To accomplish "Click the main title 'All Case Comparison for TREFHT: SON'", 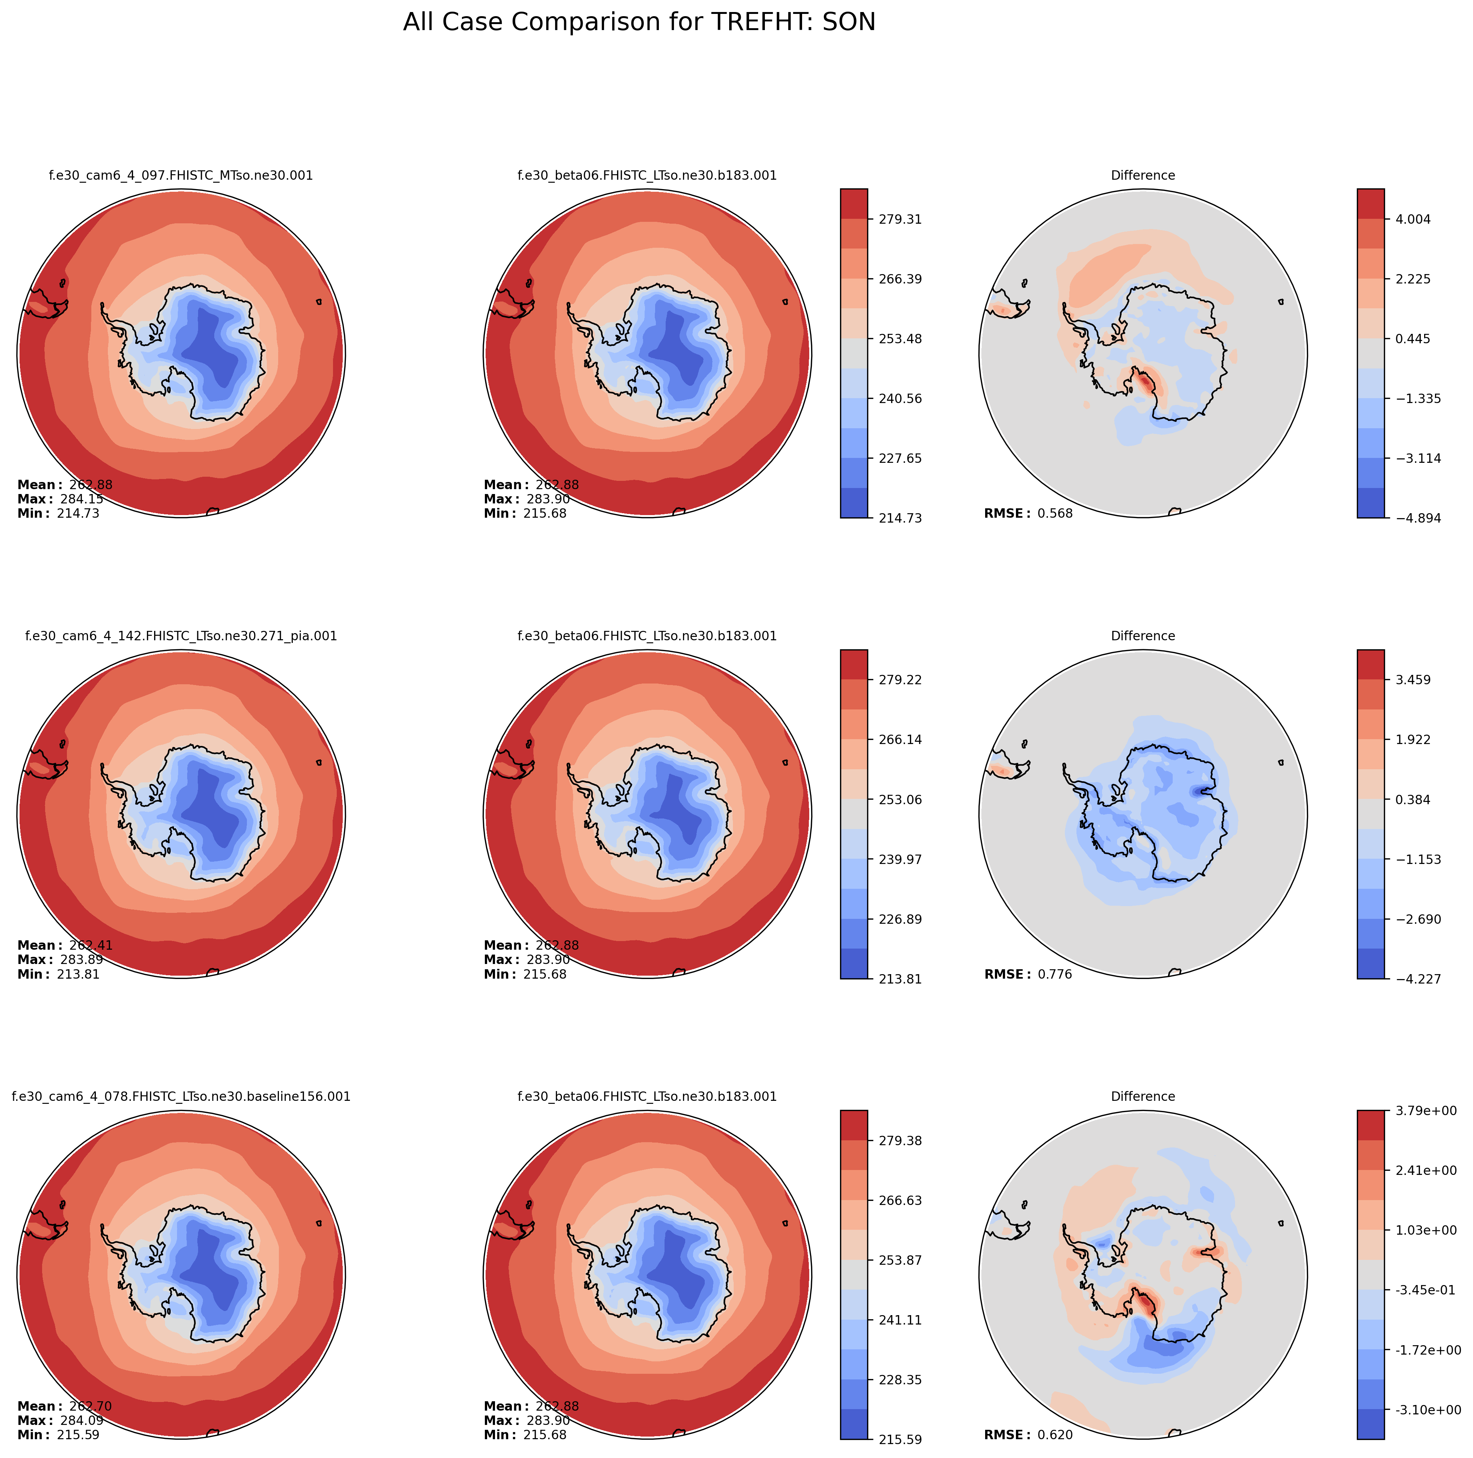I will pos(639,22).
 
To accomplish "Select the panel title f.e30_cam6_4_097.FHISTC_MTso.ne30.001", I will pos(181,175).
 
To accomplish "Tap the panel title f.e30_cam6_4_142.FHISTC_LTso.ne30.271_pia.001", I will pos(181,636).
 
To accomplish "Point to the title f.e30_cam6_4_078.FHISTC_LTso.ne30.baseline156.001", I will pos(181,1097).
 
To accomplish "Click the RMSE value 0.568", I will pos(1054,513).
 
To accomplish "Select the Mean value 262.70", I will pos(90,1406).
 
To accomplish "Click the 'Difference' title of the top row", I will pos(1143,175).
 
